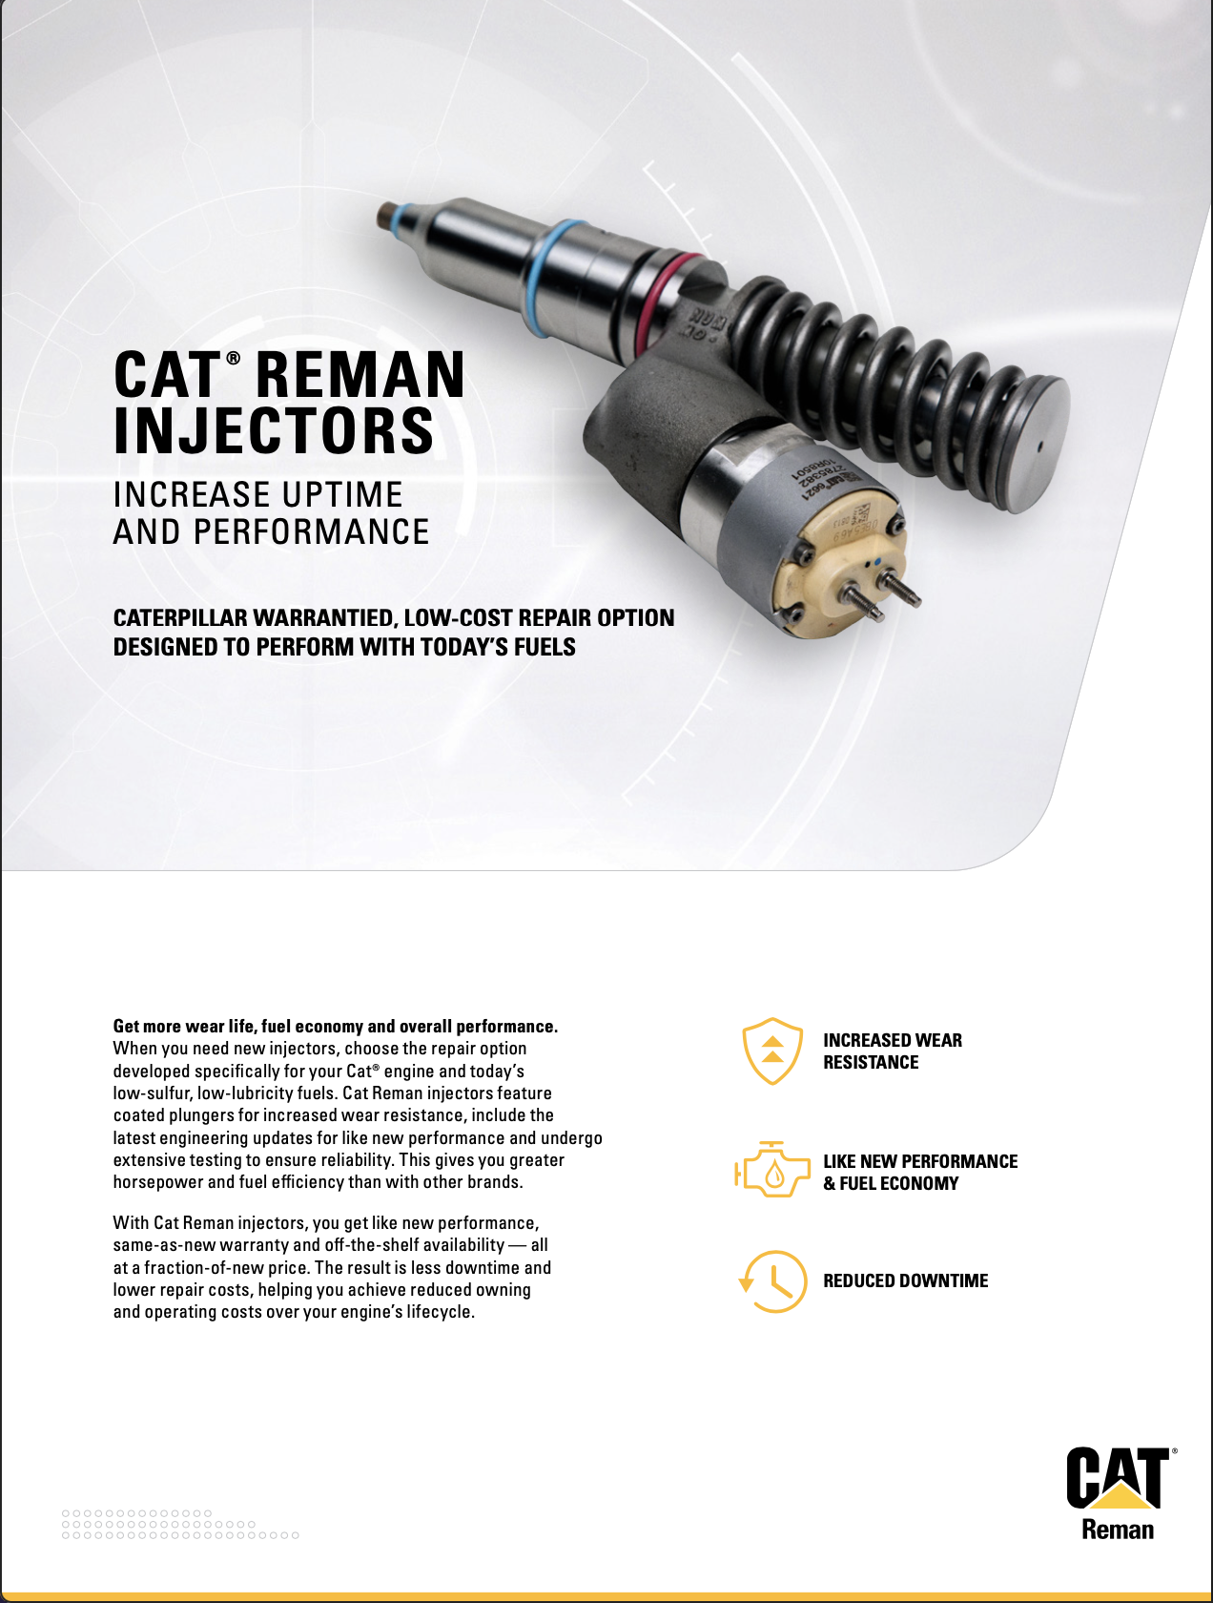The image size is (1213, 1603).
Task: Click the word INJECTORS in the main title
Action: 274,431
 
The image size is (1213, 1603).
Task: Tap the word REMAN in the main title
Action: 360,375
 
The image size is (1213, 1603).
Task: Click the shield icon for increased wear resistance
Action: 772,1051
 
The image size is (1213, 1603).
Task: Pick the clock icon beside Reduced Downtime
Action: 773,1281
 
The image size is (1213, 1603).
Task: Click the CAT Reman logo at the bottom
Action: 1118,1493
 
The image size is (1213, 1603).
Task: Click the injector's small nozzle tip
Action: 389,217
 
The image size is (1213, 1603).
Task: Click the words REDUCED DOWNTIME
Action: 905,1280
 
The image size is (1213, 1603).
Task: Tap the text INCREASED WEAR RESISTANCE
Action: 892,1051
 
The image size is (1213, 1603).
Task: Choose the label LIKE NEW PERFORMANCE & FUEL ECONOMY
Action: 919,1172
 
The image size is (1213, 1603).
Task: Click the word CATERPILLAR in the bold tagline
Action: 180,618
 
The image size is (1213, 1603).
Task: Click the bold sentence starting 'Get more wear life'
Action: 335,1026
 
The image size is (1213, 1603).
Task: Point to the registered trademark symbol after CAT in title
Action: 233,357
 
